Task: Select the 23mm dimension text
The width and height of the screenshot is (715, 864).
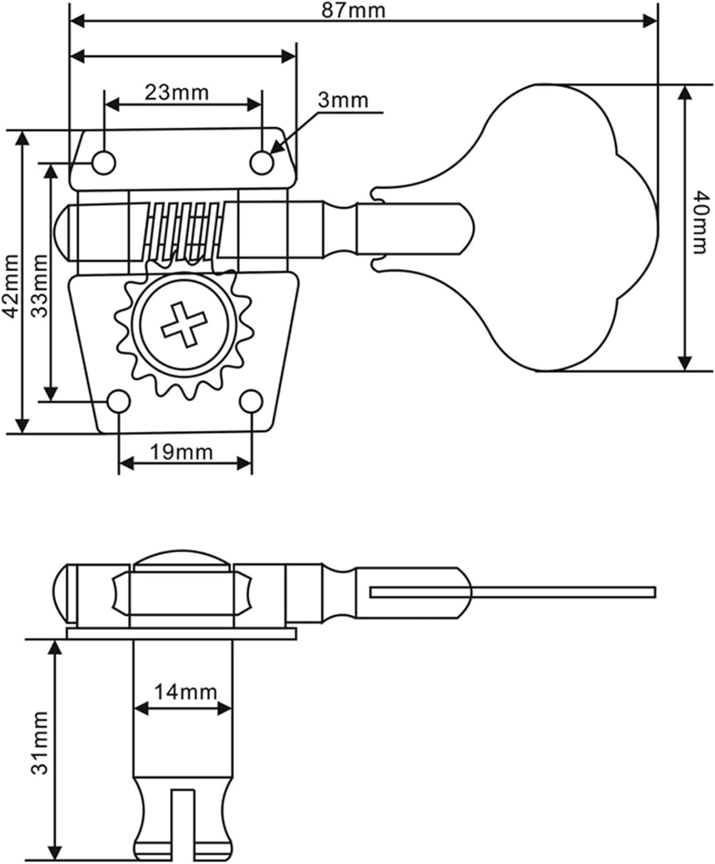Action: click(x=176, y=92)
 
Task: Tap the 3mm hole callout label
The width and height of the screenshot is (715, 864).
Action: click(x=343, y=100)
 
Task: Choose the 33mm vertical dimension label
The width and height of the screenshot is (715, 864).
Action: click(x=39, y=286)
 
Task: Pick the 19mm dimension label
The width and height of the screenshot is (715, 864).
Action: click(x=181, y=452)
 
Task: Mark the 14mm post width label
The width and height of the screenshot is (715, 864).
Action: click(x=185, y=692)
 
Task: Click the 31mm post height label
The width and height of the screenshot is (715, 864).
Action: click(x=39, y=743)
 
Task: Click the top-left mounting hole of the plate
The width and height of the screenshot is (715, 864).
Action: click(x=104, y=163)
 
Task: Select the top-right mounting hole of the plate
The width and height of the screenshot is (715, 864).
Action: click(x=262, y=163)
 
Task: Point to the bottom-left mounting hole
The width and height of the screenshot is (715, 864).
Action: click(x=120, y=401)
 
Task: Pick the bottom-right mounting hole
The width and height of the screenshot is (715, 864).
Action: click(x=251, y=401)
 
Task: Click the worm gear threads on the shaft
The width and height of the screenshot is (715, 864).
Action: click(x=183, y=230)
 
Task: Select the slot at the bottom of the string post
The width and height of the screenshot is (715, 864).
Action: click(x=183, y=824)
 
